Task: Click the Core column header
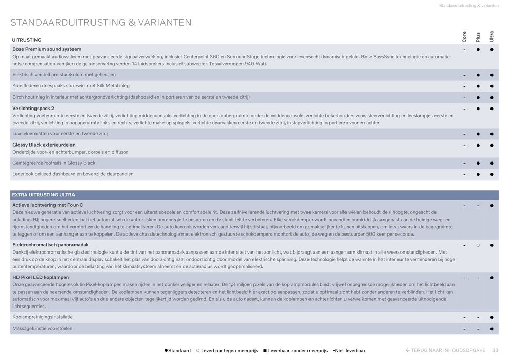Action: coord(464,37)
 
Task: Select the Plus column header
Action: coord(478,37)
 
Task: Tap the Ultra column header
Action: coord(492,37)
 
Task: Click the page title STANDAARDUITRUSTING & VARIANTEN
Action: coord(101,23)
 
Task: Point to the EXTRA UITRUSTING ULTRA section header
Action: coord(44,195)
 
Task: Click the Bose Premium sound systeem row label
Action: coord(47,49)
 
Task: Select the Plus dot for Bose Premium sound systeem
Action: coord(478,50)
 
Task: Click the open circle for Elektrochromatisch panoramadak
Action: coord(478,245)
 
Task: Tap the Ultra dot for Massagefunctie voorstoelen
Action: coord(492,329)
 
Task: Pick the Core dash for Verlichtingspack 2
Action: coord(464,109)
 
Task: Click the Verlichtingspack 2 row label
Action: coord(33,109)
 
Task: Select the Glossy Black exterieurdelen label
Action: coord(44,145)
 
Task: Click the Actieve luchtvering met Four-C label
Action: coord(47,205)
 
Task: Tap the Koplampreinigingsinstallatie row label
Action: coord(43,317)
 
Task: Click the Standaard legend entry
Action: coord(177,351)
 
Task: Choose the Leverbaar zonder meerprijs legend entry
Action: coord(295,351)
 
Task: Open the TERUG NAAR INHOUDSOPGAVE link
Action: coord(445,350)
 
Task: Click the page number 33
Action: coord(495,350)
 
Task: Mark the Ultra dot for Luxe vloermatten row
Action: coord(492,134)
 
